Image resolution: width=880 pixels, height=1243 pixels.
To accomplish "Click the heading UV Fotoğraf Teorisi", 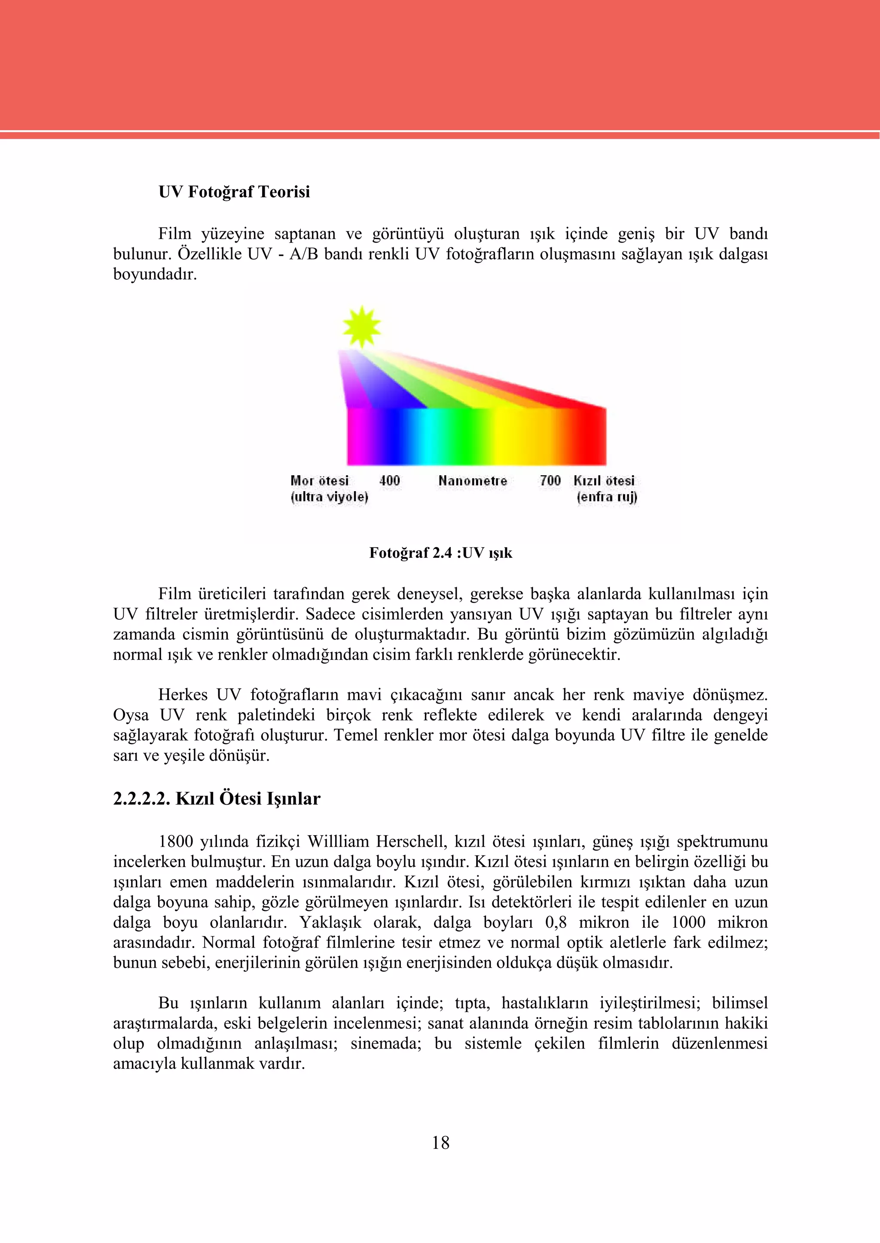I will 234,192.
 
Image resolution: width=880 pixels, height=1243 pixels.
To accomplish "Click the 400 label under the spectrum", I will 389,480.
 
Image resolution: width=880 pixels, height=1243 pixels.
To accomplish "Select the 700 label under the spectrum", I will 550,480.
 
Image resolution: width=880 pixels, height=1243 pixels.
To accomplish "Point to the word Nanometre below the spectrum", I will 473,480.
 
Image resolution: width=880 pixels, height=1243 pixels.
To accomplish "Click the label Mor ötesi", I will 320,480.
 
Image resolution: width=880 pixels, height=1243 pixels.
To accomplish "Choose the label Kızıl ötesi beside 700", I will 604,480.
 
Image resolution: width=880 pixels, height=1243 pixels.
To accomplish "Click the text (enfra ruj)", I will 607,497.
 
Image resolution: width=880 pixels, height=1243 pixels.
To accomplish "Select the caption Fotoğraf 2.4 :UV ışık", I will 440,553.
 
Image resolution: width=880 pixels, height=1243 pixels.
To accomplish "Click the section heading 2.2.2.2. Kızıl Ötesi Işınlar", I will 217,799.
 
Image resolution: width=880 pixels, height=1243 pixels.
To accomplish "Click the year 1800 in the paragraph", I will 176,842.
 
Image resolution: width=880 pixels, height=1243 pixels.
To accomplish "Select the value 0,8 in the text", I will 556,923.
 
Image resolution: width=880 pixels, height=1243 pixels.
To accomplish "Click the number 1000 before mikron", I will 688,923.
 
